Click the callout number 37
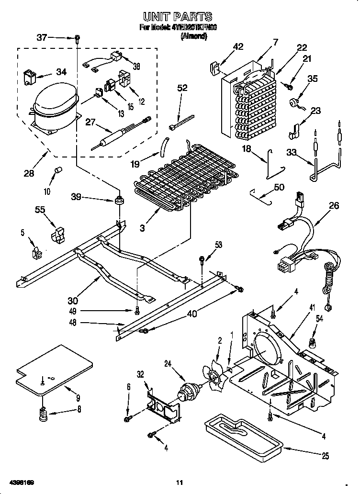[x=42, y=37]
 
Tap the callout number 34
[x=61, y=72]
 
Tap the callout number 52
[x=182, y=88]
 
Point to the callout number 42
[x=238, y=46]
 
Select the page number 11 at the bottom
[x=179, y=482]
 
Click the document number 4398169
[x=21, y=481]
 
